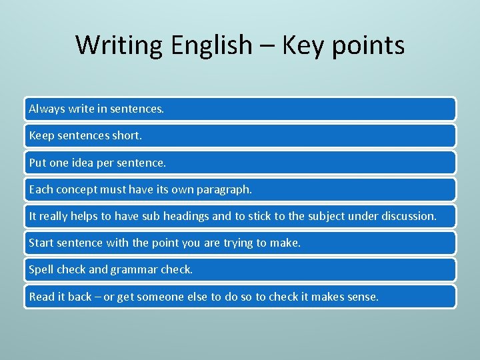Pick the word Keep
coord(42,135)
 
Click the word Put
coord(38,163)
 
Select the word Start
coord(42,243)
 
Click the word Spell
coord(41,270)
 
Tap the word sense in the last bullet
coord(362,297)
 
